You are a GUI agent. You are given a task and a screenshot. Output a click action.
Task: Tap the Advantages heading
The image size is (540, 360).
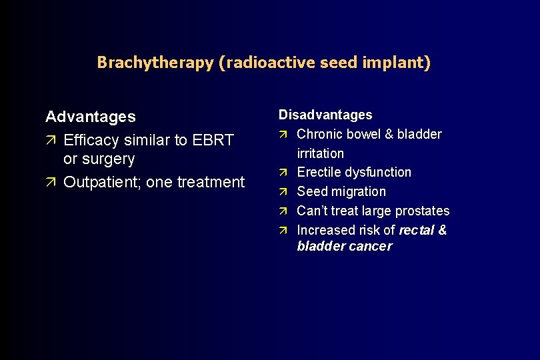pos(90,117)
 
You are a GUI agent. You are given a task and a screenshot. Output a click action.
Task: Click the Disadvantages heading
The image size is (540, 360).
pos(325,115)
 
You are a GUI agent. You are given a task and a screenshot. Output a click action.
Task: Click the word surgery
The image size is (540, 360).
pos(108,159)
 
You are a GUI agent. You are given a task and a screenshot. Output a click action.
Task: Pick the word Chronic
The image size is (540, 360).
pos(319,134)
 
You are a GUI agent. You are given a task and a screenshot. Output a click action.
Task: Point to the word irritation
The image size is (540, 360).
pos(321,153)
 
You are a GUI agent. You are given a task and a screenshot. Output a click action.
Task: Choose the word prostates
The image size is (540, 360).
pos(423,211)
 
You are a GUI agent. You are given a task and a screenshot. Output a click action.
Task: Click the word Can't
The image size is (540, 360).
pos(312,211)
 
